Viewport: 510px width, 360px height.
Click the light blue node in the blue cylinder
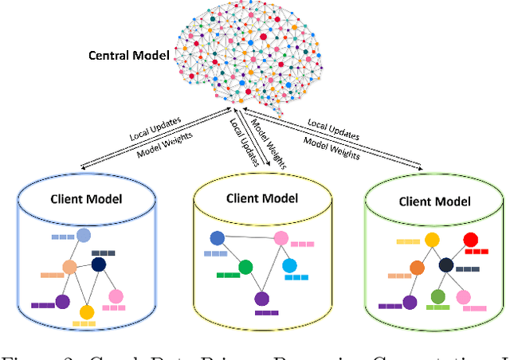pyautogui.click(x=84, y=236)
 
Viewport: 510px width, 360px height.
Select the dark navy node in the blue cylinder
pyautogui.click(x=100, y=264)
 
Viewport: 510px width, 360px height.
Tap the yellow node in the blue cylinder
pyautogui.click(x=87, y=311)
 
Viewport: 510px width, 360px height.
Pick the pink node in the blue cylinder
pyautogui.click(x=116, y=297)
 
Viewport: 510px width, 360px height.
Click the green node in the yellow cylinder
pyautogui.click(x=245, y=266)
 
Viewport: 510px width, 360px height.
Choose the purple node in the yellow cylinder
pyautogui.click(x=261, y=299)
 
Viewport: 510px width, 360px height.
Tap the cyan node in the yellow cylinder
pyautogui.click(x=288, y=265)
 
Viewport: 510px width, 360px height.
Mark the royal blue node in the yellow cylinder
pyautogui.click(x=218, y=238)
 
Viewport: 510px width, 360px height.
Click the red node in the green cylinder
pyautogui.click(x=470, y=239)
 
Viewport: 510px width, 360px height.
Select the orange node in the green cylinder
pyautogui.click(x=418, y=268)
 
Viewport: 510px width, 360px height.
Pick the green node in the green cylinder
pyautogui.click(x=437, y=297)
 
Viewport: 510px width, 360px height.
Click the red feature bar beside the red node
pyautogui.click(x=476, y=252)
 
